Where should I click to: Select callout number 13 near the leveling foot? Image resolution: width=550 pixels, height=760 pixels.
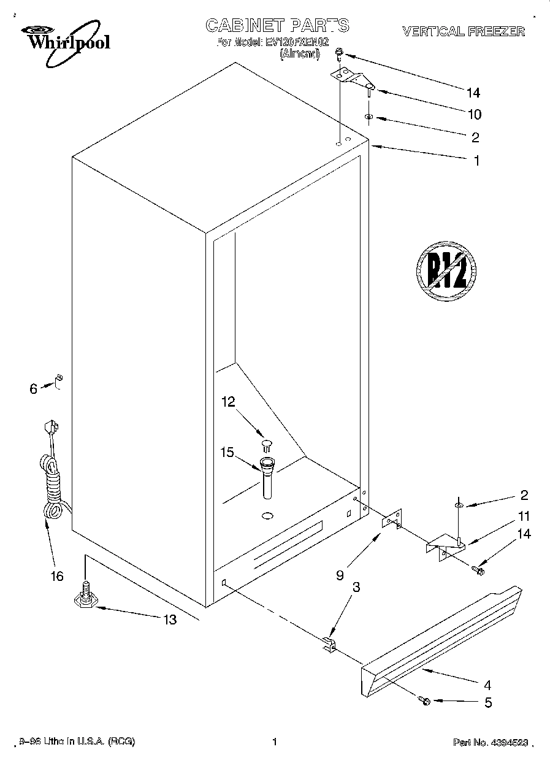point(169,620)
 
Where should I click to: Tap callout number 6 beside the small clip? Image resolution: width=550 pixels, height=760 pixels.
point(34,388)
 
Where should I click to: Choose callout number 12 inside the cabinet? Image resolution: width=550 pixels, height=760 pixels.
point(228,402)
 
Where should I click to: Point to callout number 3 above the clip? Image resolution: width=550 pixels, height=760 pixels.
point(356,587)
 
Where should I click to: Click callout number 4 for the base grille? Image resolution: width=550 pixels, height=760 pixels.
point(487,685)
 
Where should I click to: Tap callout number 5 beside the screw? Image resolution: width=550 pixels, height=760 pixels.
point(488,703)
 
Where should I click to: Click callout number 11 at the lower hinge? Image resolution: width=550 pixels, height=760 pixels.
point(523,516)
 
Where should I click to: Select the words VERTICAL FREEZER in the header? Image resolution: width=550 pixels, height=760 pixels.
point(463,31)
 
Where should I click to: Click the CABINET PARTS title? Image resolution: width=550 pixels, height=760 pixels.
point(277,25)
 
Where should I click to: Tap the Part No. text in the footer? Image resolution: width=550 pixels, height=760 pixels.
point(491,743)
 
